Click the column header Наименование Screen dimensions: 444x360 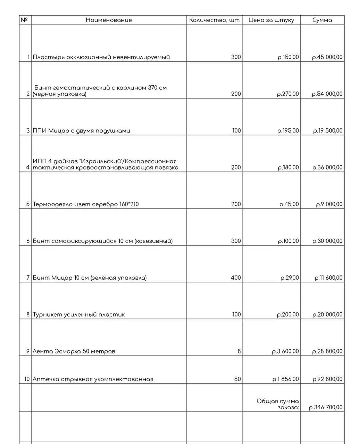click(109, 20)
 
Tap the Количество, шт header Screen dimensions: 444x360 click(214, 20)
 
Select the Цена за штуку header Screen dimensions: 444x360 click(271, 20)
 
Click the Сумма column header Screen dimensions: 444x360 click(322, 20)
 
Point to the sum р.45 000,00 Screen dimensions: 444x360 click(327, 57)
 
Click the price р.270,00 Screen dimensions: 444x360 click(288, 94)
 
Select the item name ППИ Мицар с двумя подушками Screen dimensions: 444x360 click(81, 131)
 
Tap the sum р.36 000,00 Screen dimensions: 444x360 click(327, 168)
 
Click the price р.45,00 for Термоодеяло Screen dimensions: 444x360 click(289, 204)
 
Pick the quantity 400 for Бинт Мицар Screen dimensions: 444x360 click(236, 278)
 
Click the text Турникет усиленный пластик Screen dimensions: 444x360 click(79, 315)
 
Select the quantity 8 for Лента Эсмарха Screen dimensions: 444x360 click(239, 351)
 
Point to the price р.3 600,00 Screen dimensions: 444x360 click(285, 351)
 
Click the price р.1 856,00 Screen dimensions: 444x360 click(285, 379)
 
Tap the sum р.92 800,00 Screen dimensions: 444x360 click(327, 379)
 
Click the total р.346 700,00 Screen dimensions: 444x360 click(326, 407)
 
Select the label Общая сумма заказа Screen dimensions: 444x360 click(278, 404)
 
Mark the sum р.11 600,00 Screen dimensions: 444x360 click(328, 278)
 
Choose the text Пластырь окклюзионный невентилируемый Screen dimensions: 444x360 click(101, 57)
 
